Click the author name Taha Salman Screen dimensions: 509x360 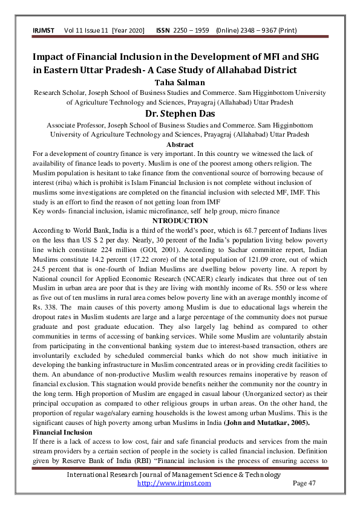pos(180,82)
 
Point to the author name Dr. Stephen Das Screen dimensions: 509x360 pos(180,114)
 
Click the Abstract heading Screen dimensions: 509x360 pos(180,144)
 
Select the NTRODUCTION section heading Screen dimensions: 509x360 pos(180,221)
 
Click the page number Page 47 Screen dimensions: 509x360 pos(304,483)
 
